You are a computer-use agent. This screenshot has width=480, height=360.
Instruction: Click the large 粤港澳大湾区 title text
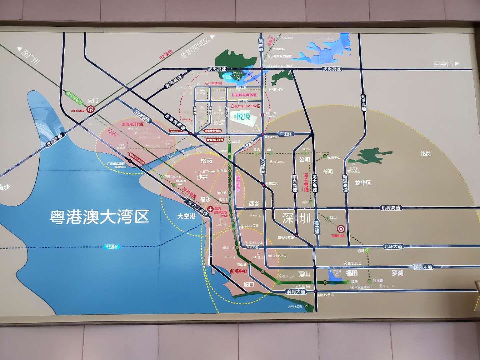tap(99, 217)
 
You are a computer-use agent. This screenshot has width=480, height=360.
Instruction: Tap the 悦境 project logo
tap(243, 116)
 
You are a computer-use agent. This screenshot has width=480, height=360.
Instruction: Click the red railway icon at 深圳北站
tap(340, 229)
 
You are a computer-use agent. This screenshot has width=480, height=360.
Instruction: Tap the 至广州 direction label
tap(29, 55)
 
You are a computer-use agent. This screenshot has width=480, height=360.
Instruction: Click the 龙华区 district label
tap(363, 183)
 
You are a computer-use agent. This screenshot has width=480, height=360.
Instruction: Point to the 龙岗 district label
tap(425, 153)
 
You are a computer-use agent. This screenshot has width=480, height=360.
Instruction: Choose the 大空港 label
tap(186, 216)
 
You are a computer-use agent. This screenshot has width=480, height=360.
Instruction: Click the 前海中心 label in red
tap(239, 271)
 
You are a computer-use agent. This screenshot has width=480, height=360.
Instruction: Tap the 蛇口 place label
tap(249, 284)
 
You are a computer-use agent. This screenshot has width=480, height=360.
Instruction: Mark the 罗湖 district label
tap(397, 273)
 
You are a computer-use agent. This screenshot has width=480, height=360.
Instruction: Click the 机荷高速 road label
tap(391, 208)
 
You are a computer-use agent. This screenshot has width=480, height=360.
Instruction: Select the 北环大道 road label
tap(393, 247)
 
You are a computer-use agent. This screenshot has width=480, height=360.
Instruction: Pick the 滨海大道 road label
tap(296, 291)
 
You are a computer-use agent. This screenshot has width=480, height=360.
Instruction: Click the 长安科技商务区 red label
tap(244, 95)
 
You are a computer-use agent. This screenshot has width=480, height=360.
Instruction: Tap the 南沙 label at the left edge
tap(5, 187)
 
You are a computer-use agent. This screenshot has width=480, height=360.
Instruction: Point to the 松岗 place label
tap(206, 161)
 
